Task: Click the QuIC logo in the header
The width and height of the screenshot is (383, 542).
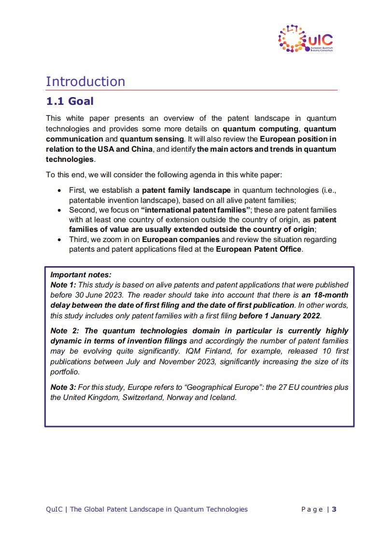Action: pyautogui.click(x=306, y=39)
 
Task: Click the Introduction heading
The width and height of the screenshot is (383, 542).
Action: pyautogui.click(x=85, y=81)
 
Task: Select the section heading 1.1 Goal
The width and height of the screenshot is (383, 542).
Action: pyautogui.click(x=70, y=101)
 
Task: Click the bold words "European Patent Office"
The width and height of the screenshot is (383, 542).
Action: pyautogui.click(x=258, y=249)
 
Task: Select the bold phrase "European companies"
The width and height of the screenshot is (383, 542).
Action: pyautogui.click(x=181, y=240)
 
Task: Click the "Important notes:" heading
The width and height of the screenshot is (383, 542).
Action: pyautogui.click(x=81, y=274)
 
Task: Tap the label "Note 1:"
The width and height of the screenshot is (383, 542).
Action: pyautogui.click(x=61, y=285)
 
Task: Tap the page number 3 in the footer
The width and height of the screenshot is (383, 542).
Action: pyautogui.click(x=334, y=509)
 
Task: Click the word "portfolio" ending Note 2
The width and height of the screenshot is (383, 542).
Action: pyautogui.click(x=65, y=372)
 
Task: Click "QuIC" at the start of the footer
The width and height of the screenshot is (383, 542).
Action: pyautogui.click(x=54, y=509)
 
